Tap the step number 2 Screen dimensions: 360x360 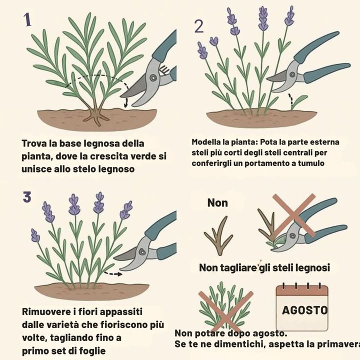pos(198,26)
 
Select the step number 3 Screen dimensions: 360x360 pos(27,197)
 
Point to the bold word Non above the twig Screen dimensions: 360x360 pos(217,202)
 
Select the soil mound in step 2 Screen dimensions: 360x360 pos(260,118)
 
